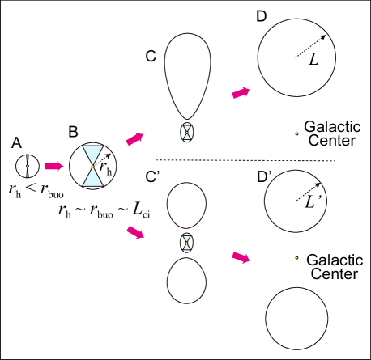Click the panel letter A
16,143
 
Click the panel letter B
73,129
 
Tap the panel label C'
151,176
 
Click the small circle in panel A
28,166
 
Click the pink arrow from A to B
53,166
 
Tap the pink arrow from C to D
241,93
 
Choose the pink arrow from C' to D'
241,257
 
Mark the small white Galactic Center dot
297,134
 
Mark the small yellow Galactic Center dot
297,258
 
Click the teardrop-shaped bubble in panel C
188,76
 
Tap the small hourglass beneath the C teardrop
188,132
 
